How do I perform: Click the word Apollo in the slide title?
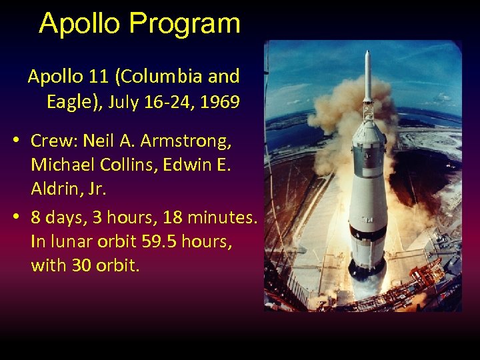[80, 23]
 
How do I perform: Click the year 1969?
[220, 103]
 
